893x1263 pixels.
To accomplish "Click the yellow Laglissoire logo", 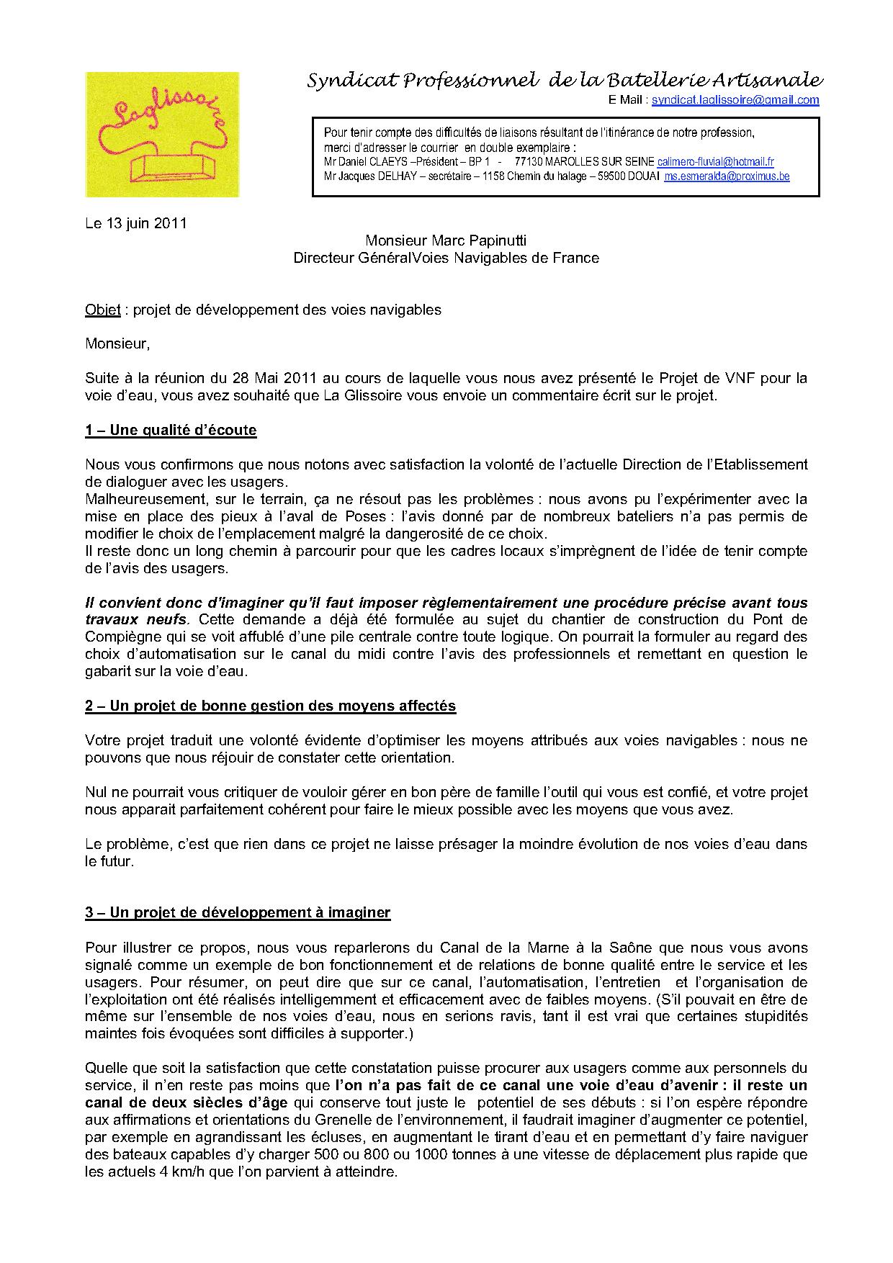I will tap(162, 134).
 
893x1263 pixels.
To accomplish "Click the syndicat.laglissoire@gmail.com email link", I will tap(735, 101).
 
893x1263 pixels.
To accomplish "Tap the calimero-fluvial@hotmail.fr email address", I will tap(716, 162).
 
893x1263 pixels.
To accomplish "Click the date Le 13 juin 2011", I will tap(136, 223).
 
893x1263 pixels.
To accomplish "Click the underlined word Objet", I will tap(102, 310).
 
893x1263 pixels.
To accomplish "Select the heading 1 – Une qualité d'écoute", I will tap(171, 431).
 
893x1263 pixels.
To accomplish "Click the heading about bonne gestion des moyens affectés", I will tap(270, 706).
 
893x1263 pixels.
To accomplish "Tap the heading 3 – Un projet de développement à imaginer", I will tap(238, 913).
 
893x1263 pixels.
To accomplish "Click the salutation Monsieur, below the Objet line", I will tap(117, 344).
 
